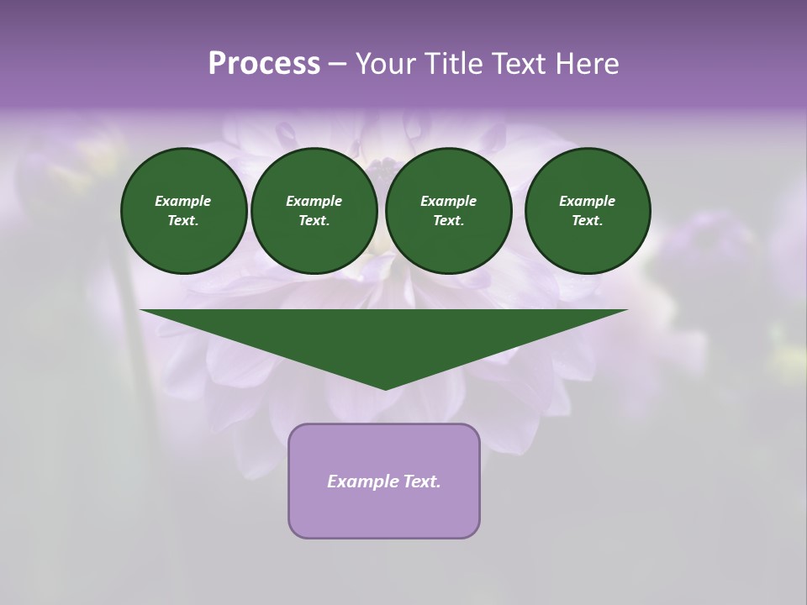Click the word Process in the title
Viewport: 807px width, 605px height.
264,64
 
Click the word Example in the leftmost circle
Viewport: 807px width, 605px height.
183,201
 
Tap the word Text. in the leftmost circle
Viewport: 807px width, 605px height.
183,221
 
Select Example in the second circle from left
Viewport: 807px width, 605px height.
314,201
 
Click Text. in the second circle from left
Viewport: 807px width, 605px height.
314,221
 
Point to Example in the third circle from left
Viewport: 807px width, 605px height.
448,201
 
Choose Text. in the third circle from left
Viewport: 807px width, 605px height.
448,221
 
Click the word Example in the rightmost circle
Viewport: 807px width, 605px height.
587,201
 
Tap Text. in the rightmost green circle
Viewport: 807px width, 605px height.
587,221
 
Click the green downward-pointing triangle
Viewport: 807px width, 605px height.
384,336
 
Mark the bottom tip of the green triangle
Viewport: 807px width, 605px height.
385,388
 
